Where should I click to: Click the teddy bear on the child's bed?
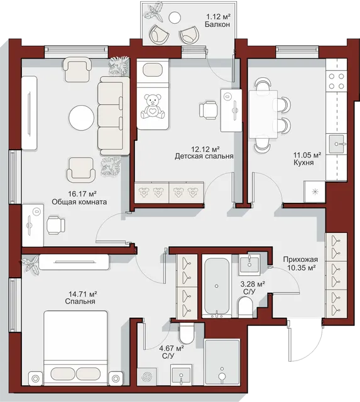pos(153,106)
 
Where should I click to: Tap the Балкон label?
pos(217,24)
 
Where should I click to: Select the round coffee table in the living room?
pos(82,117)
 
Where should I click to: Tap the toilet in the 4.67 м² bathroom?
pos(187,334)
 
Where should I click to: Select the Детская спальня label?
pos(204,156)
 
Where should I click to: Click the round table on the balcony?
pos(175,18)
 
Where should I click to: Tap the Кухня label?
pos(303,163)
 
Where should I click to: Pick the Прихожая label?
pos(300,259)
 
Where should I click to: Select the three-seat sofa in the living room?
pos(114,116)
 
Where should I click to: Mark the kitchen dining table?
pos(263,114)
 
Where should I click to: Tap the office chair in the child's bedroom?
pos(209,111)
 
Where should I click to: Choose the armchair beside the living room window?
pos(77,70)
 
